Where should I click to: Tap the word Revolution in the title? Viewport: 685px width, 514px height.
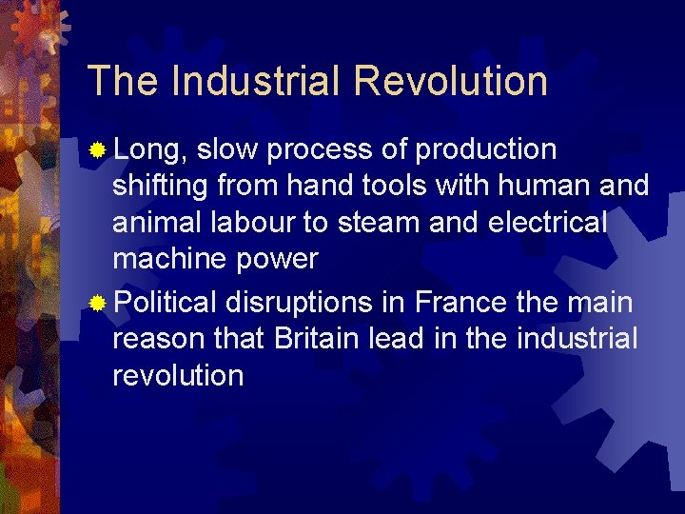pos(450,81)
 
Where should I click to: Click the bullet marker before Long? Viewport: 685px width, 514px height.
pos(97,150)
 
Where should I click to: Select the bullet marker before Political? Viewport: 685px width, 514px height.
pos(97,304)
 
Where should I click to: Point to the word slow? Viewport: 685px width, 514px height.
pos(229,149)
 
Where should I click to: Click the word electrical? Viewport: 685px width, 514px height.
pos(549,222)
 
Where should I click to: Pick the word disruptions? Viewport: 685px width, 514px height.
pos(299,303)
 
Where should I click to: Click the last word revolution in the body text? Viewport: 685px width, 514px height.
pos(178,375)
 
